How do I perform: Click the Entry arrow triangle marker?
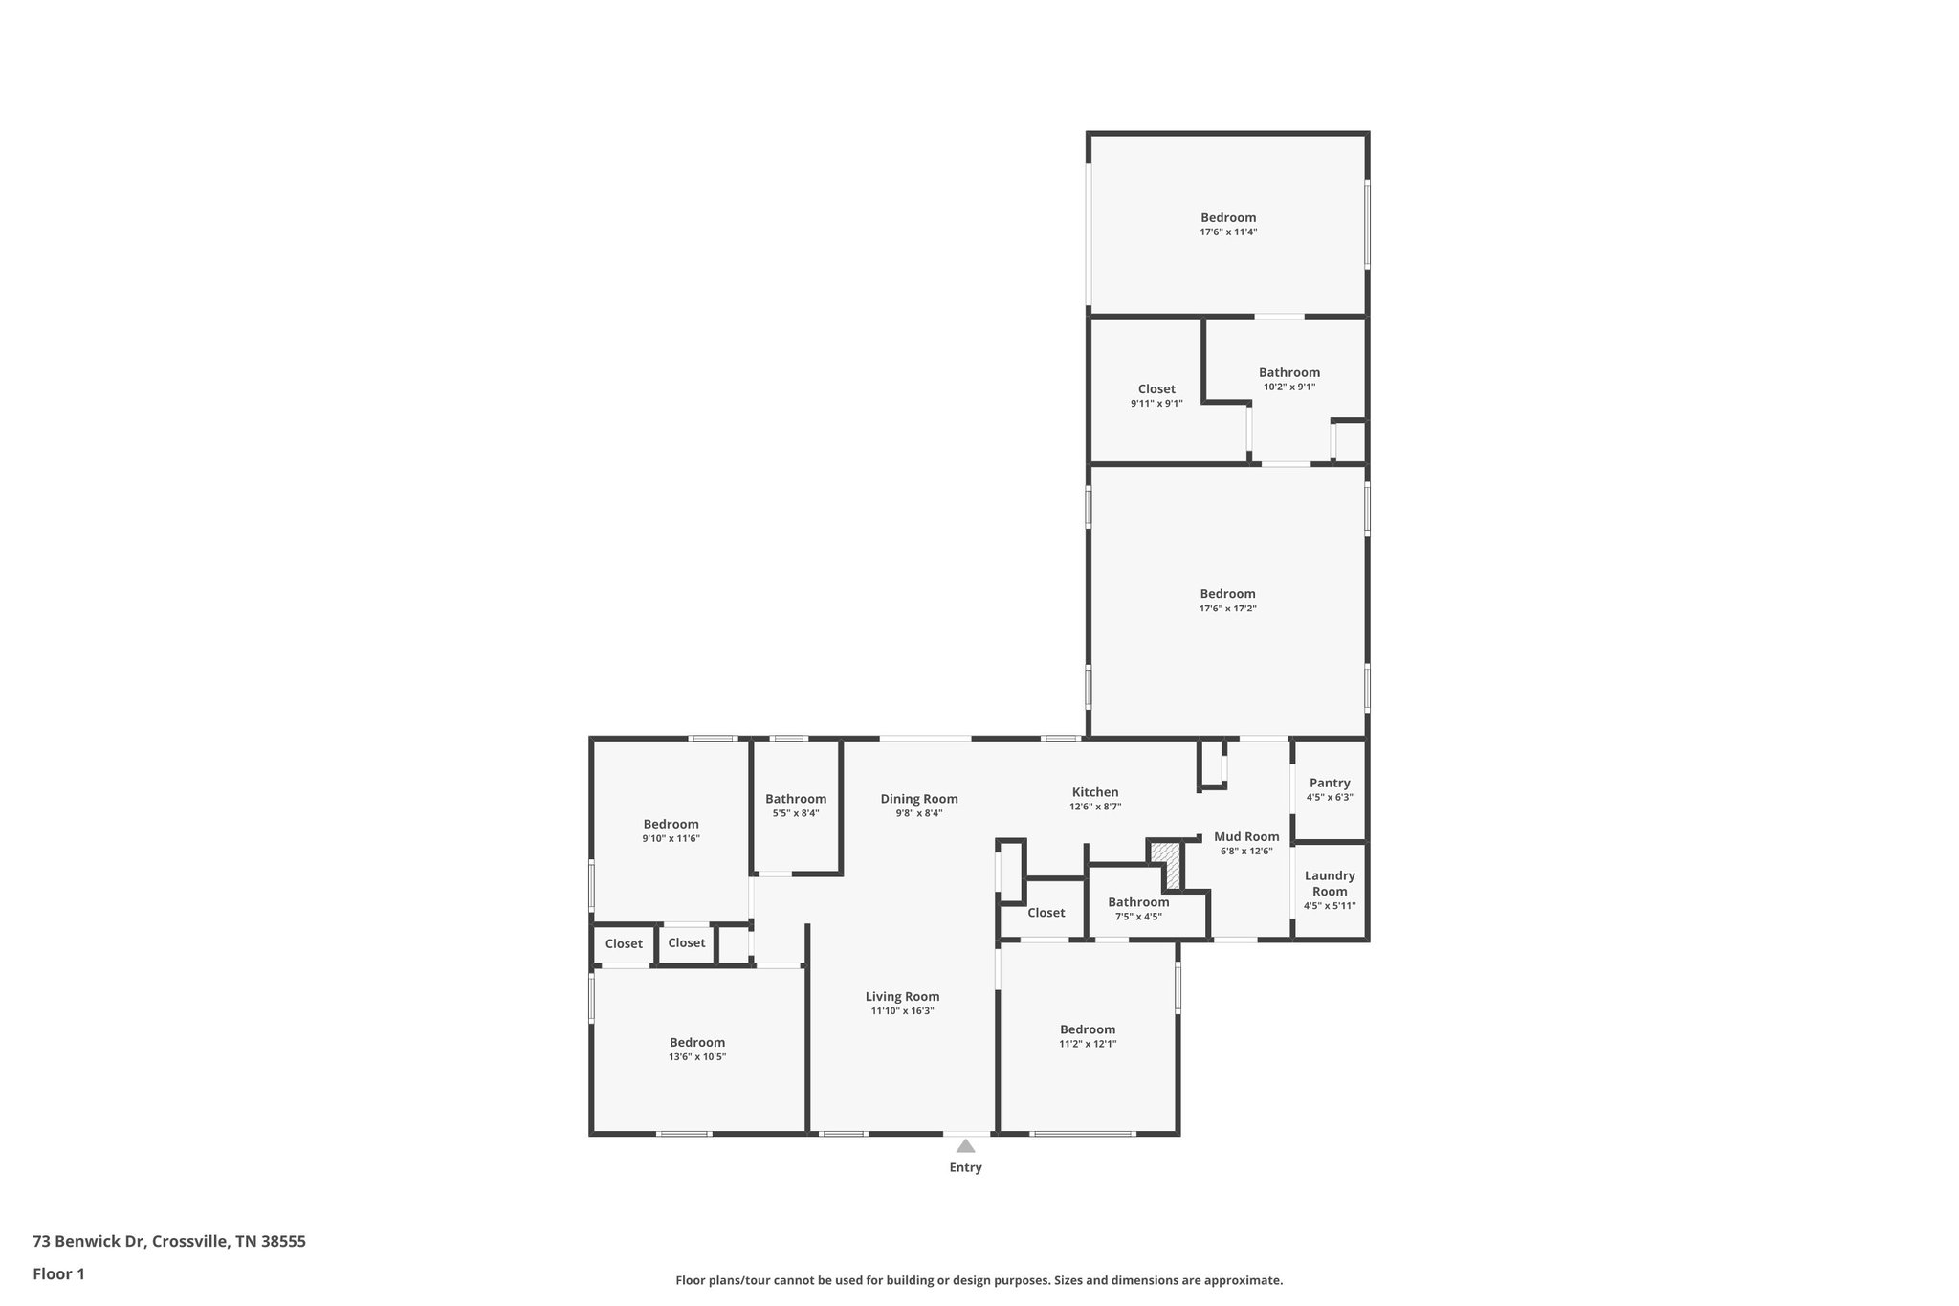point(965,1145)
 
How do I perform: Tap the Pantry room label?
point(1330,783)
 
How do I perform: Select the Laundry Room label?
point(1330,883)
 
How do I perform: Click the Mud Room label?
point(1246,836)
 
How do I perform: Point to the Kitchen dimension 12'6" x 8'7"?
point(1095,807)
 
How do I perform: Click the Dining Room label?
point(919,799)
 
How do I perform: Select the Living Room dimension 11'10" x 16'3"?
point(902,1010)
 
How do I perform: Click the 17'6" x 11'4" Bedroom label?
point(1228,217)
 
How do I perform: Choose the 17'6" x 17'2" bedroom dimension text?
point(1227,608)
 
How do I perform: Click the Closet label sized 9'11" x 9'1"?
point(1156,388)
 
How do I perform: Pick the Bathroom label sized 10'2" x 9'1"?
point(1288,372)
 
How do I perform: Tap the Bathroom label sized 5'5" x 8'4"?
point(796,799)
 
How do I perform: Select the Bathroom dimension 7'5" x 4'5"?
point(1138,917)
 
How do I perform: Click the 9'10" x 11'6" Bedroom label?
point(671,824)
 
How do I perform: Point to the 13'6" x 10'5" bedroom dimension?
point(697,1056)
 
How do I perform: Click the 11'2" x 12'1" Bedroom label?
point(1088,1029)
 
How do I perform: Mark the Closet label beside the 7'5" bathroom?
point(1046,913)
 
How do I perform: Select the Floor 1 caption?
point(58,1273)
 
